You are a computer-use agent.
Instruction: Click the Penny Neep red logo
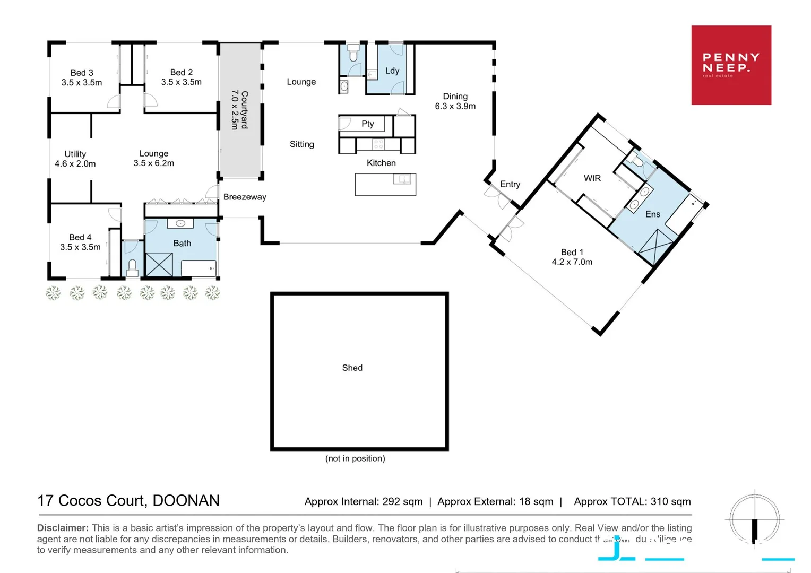click(x=731, y=65)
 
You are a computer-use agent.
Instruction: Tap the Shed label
click(x=352, y=368)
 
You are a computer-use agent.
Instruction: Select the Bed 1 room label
click(x=572, y=257)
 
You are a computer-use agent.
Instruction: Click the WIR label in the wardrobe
click(x=592, y=178)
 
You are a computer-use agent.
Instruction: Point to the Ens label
click(x=652, y=214)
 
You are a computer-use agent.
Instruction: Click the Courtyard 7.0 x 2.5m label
click(x=239, y=110)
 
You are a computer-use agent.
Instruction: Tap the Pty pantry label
click(x=367, y=124)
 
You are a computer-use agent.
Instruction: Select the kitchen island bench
click(x=385, y=185)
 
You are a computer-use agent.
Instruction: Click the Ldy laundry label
click(x=392, y=71)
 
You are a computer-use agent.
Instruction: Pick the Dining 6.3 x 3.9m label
click(x=455, y=101)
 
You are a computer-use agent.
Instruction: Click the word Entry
click(x=510, y=184)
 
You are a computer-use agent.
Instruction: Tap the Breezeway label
click(x=245, y=197)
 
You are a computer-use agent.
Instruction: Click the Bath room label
click(x=182, y=243)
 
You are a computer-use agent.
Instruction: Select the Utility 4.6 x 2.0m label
click(x=75, y=159)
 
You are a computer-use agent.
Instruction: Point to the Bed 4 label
click(x=80, y=242)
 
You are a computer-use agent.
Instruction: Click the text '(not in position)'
click(x=355, y=458)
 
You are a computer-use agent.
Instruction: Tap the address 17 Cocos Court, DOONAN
click(x=128, y=500)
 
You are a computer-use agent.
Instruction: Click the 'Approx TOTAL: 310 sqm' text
click(x=632, y=501)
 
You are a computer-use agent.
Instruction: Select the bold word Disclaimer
click(x=63, y=528)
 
